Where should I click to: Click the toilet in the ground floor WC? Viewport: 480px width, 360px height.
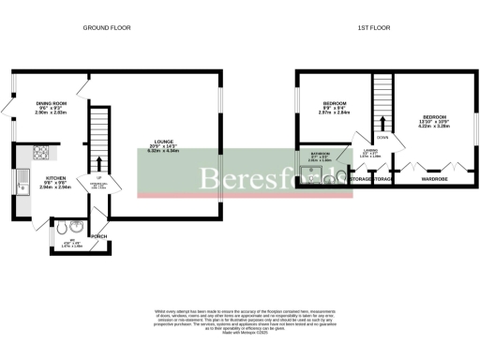(61, 227)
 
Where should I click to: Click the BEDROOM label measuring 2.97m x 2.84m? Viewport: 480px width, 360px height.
(335, 102)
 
